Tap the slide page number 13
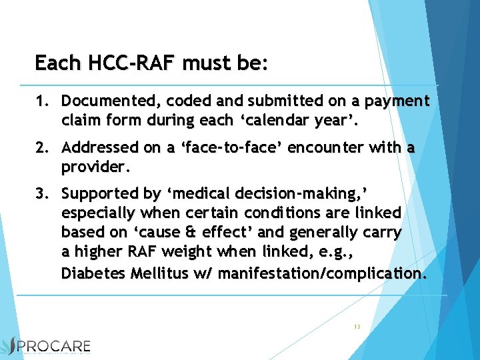point(357,327)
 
